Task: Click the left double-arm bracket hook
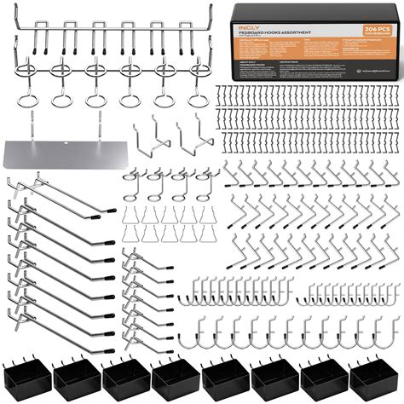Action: [x=150, y=138]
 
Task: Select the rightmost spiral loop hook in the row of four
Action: [x=203, y=184]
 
